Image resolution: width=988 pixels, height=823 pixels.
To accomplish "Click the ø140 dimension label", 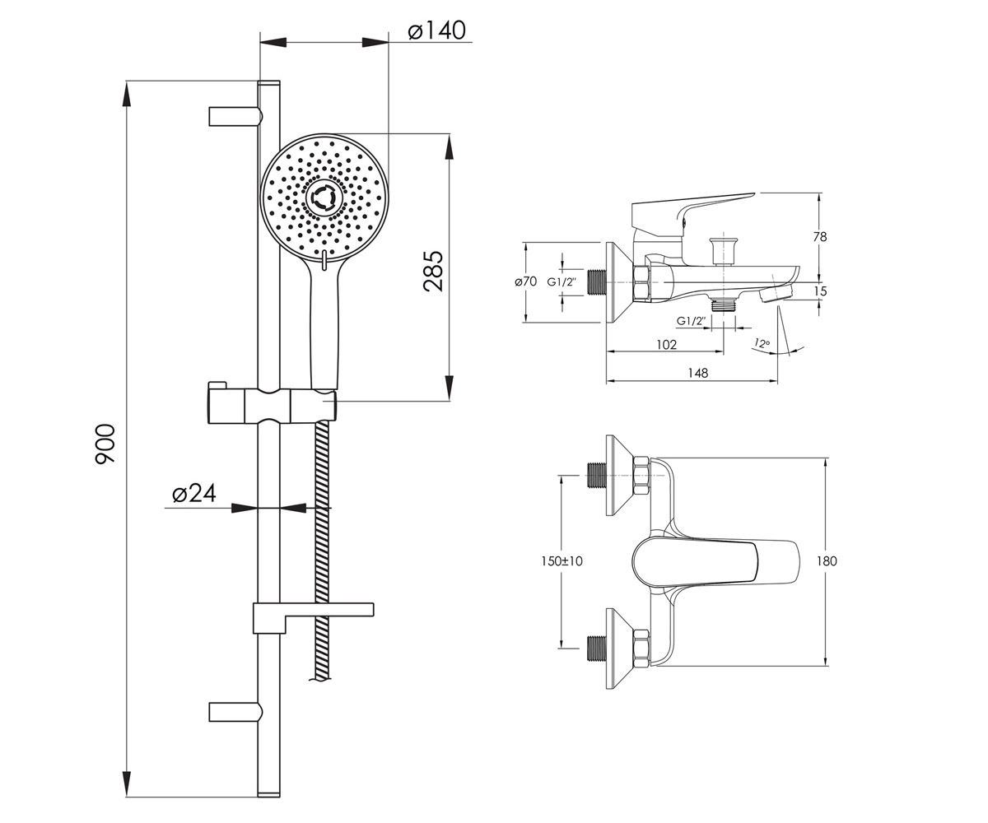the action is [x=436, y=30].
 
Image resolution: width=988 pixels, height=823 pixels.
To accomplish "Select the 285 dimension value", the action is [x=433, y=271].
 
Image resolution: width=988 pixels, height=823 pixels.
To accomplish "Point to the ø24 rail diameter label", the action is [x=194, y=493].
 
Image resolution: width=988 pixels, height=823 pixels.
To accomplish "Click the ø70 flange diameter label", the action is [x=526, y=281].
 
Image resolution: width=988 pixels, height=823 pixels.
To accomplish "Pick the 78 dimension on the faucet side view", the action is [x=820, y=236].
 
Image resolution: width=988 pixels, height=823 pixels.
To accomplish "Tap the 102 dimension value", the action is [x=666, y=344].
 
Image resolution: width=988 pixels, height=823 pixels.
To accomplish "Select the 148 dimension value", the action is [x=698, y=373].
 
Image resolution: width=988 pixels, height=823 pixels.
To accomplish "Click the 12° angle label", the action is [x=762, y=343].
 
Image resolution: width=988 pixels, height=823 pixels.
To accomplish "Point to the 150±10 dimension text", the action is [x=562, y=561].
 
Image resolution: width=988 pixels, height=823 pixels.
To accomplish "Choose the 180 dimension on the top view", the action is [x=827, y=561].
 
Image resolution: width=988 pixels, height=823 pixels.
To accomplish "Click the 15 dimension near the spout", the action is [x=821, y=291].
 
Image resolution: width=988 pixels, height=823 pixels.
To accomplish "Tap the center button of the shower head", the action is [x=324, y=198].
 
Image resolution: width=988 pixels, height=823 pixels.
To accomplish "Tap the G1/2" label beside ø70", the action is [x=562, y=282].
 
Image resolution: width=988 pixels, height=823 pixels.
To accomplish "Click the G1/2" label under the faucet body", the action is [x=691, y=321].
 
